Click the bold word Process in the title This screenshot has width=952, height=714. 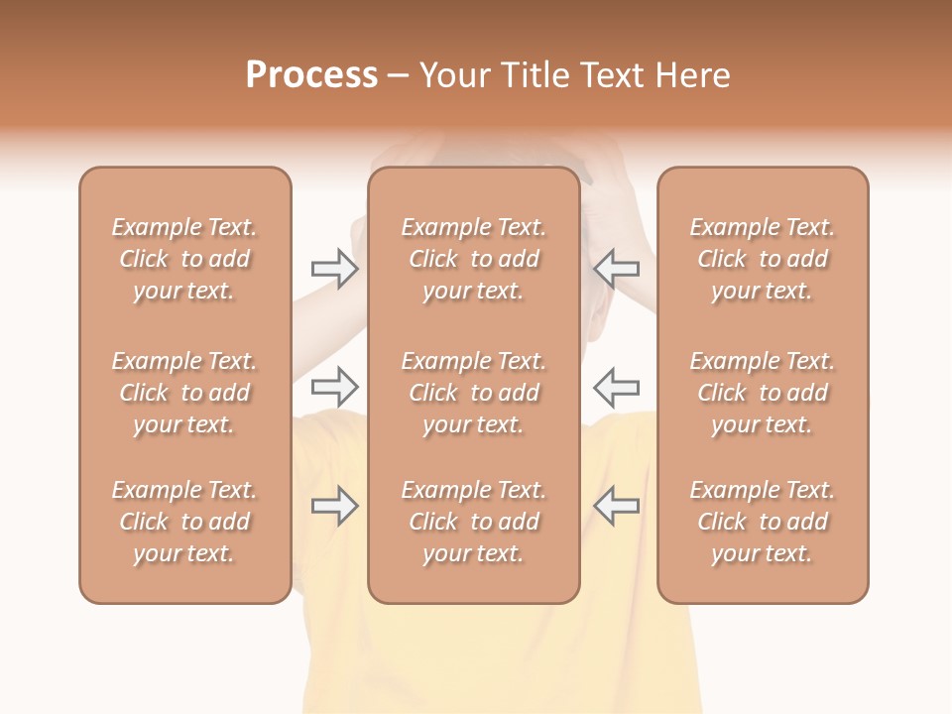(x=311, y=75)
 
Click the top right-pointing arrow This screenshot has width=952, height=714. (x=334, y=269)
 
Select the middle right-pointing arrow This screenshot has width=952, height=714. (x=334, y=385)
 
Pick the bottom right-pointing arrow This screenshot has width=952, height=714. (x=334, y=506)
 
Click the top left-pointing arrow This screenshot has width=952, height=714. (x=616, y=268)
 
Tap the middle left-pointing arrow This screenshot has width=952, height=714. (x=616, y=385)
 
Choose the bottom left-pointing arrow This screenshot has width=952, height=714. (x=616, y=506)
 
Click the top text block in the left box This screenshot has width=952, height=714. (x=184, y=259)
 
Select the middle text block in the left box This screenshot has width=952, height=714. (x=184, y=393)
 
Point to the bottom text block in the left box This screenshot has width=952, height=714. (x=184, y=522)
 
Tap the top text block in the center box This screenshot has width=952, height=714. (x=473, y=259)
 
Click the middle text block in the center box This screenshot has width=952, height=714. (x=473, y=393)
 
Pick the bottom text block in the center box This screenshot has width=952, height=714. (x=473, y=522)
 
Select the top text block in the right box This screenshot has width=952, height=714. (x=763, y=259)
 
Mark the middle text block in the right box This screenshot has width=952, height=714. (x=763, y=393)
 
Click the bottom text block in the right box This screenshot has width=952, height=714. (x=763, y=522)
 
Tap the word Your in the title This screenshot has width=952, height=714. (x=456, y=75)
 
